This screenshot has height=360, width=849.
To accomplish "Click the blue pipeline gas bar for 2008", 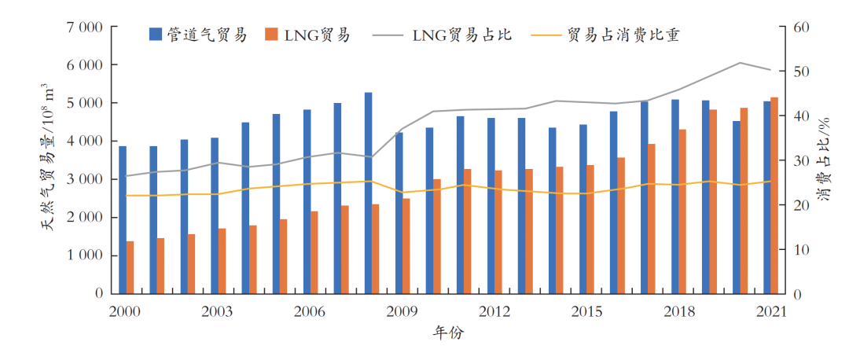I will pyautogui.click(x=368, y=193).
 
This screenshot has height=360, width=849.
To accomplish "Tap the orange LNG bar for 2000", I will pyautogui.click(x=130, y=267).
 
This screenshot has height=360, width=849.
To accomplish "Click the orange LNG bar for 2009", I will pyautogui.click(x=406, y=245).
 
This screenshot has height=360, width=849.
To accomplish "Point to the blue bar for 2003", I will pyautogui.click(x=215, y=215).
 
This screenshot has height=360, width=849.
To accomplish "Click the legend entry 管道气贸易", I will pyautogui.click(x=197, y=35).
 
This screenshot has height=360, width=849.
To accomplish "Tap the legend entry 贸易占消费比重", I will pyautogui.click(x=605, y=35).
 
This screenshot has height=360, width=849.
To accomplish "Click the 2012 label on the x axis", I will pyautogui.click(x=494, y=311).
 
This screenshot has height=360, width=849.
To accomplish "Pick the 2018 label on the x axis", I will pyautogui.click(x=678, y=311).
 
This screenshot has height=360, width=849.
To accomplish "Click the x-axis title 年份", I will pyautogui.click(x=449, y=333).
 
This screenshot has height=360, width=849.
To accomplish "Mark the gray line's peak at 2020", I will pyautogui.click(x=740, y=62).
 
